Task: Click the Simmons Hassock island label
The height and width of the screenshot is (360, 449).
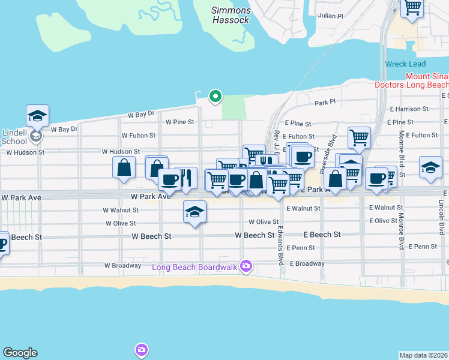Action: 231,15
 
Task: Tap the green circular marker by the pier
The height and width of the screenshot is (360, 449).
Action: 215,96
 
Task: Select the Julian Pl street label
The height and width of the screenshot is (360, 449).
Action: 330,16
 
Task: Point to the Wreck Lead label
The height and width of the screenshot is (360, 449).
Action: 405,64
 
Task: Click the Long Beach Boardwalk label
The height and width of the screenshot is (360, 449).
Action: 195,267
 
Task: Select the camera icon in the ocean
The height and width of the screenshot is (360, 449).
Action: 141,349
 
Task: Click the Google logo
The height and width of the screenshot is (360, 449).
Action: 20,353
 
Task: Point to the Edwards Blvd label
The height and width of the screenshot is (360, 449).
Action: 280,247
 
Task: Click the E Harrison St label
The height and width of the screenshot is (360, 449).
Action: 409,109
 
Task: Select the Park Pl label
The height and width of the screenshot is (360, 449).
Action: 325,103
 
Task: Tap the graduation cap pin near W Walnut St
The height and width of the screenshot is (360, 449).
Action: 194,212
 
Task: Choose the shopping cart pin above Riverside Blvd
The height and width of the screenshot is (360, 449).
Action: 359,137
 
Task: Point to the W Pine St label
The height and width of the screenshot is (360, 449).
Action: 180,122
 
